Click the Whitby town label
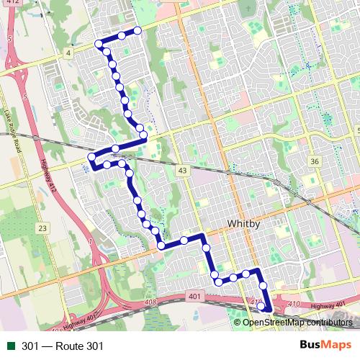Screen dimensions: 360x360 click(243, 224)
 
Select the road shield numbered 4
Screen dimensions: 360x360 click(67, 53)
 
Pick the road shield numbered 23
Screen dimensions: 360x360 click(42, 228)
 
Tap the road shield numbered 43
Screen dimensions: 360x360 click(183, 170)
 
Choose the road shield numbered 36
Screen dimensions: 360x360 click(315, 161)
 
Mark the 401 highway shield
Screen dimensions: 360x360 click(194, 296)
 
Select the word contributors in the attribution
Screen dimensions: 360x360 click(331, 323)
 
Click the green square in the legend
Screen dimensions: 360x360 click(9, 346)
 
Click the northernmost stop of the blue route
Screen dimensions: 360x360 click(135, 30)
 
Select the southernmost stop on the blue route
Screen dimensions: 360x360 click(261, 307)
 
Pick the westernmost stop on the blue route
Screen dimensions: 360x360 click(91, 157)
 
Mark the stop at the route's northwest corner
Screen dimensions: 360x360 click(99, 44)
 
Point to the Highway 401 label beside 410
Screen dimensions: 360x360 click(335, 307)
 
